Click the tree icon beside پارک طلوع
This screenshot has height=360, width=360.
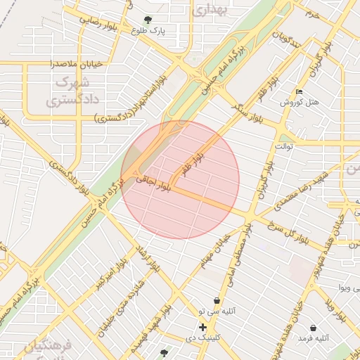click(147, 20)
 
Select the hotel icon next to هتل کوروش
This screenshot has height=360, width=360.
click(300, 92)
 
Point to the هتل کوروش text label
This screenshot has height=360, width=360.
click(300, 103)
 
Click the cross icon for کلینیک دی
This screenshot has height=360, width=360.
click(202, 327)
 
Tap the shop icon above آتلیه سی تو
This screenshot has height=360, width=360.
click(217, 300)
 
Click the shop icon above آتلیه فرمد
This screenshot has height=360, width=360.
click(312, 328)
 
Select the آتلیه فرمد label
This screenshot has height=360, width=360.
click(313, 338)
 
